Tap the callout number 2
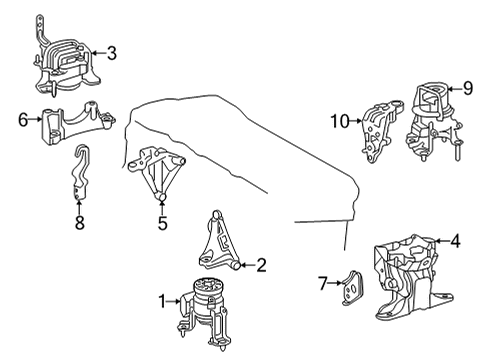pos(261,265)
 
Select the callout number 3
pos(112,52)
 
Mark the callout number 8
pos(79,225)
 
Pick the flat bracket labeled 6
pos(72,123)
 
